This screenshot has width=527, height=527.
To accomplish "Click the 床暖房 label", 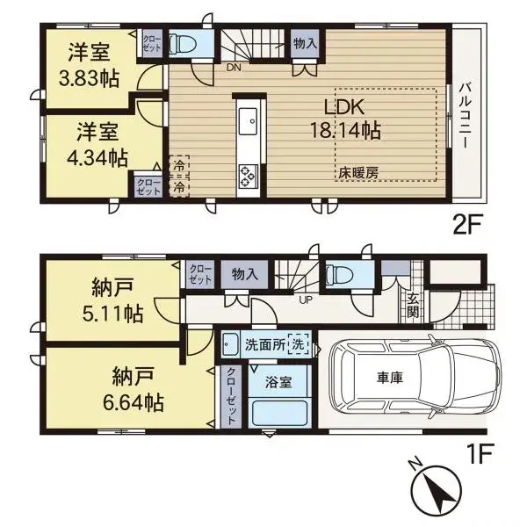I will (x=358, y=173).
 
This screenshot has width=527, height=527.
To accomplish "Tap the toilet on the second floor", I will (x=185, y=43).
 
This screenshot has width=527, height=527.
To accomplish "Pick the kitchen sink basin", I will (x=247, y=117).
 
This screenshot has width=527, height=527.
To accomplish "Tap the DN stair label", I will (x=235, y=67).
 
